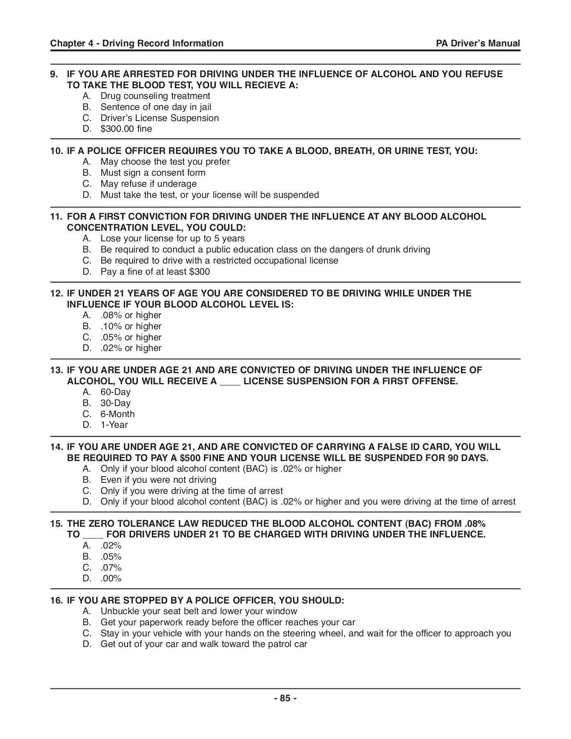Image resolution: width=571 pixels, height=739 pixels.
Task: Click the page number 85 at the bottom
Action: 285,698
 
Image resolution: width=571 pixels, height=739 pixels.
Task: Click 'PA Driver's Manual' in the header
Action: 478,44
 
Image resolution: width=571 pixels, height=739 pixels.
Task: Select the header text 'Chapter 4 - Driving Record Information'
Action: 137,44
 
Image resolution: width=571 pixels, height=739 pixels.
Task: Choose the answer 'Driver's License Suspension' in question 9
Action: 159,118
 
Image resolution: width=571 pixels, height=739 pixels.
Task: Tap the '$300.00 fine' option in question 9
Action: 126,129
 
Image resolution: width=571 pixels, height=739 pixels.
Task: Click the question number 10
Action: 56,151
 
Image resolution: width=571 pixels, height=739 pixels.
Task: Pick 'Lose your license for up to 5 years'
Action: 172,239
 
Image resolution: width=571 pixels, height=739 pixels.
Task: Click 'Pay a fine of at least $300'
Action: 155,272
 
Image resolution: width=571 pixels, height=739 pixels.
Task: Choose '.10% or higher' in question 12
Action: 131,326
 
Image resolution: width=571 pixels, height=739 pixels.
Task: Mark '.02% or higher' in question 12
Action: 131,348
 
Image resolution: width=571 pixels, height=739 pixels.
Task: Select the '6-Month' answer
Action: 117,414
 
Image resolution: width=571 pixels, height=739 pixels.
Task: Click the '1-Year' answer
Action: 114,425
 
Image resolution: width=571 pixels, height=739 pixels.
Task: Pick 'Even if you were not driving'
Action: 158,480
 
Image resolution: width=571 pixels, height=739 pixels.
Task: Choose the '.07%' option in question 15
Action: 111,568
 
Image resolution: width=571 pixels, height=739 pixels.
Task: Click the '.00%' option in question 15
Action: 111,579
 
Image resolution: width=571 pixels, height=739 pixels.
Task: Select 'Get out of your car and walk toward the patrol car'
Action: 204,644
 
